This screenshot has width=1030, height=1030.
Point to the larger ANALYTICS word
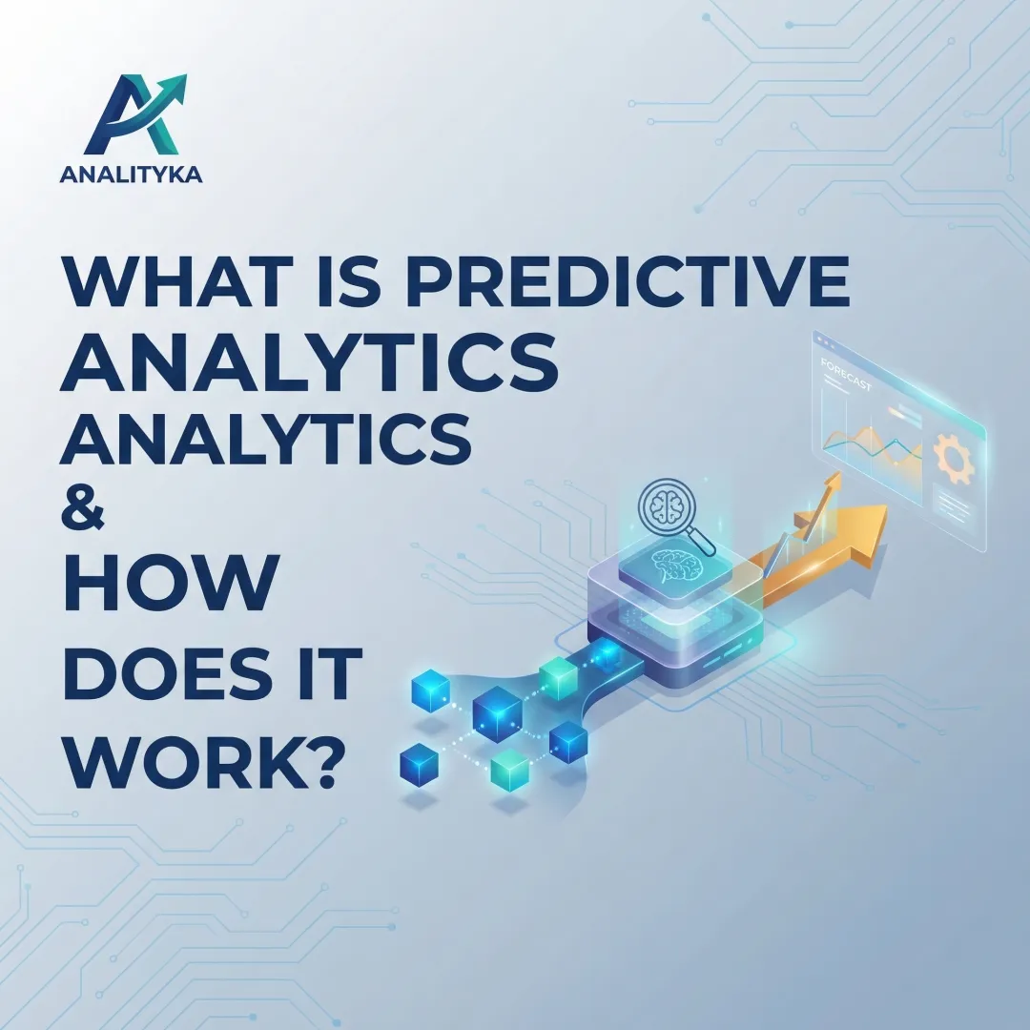pos(309,364)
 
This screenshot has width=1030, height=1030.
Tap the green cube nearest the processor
pos(558,677)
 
